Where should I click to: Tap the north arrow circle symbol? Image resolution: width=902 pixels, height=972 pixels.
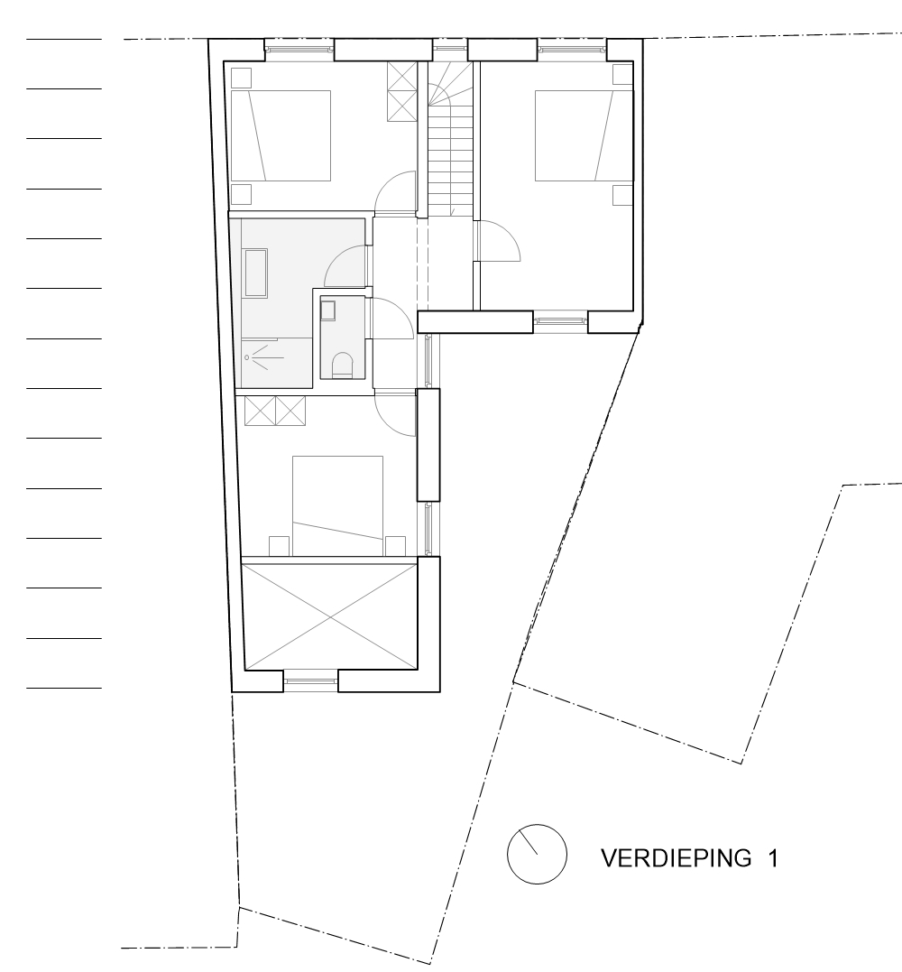[537, 853]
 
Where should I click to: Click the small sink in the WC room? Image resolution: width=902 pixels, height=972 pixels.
[327, 310]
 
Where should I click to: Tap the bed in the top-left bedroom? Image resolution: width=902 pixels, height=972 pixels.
[281, 135]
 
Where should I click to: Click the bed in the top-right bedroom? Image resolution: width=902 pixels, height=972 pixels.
[574, 135]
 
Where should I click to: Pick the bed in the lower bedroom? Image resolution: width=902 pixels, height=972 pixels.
[337, 505]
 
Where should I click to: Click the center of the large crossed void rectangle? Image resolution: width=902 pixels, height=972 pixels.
[330, 616]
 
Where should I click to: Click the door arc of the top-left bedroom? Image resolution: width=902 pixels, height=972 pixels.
[394, 193]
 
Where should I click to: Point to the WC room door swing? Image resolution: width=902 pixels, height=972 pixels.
[386, 319]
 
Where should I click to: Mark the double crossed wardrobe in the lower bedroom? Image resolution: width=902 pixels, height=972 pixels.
[276, 410]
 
